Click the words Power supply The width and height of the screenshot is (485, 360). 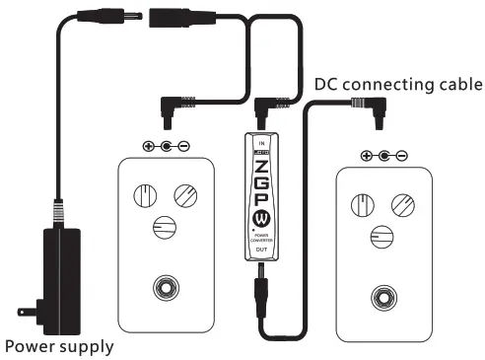58,346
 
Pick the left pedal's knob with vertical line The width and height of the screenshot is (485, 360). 145,195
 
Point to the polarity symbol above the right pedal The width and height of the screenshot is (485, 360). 383,155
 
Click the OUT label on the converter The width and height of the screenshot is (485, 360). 260,251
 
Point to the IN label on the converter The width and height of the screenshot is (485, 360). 260,141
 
